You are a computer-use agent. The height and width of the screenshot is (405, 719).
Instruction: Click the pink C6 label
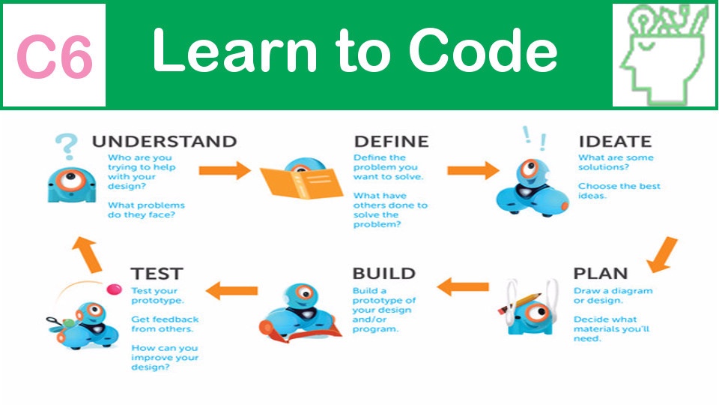pyautogui.click(x=55, y=56)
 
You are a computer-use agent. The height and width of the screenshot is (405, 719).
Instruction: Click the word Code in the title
pyautogui.click(x=483, y=49)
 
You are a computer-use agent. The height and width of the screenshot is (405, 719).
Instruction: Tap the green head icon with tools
pyautogui.click(x=664, y=55)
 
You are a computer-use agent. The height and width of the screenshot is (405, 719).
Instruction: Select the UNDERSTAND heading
pyautogui.click(x=164, y=142)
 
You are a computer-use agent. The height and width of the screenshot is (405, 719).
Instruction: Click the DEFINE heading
pyautogui.click(x=392, y=142)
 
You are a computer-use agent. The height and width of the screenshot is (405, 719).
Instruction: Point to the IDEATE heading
pyautogui.click(x=615, y=142)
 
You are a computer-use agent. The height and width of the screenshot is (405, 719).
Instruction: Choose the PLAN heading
pyautogui.click(x=601, y=274)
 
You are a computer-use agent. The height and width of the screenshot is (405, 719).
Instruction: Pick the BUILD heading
pyautogui.click(x=383, y=274)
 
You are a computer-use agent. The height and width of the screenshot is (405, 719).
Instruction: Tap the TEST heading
pyautogui.click(x=157, y=274)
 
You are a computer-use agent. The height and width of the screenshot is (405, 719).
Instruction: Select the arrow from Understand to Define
pyautogui.click(x=225, y=170)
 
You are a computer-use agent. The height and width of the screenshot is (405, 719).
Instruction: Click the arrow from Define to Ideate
pyautogui.click(x=473, y=170)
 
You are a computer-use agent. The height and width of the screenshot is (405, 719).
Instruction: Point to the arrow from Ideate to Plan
pyautogui.click(x=663, y=255)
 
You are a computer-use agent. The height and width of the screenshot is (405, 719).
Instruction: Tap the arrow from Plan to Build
pyautogui.click(x=463, y=287)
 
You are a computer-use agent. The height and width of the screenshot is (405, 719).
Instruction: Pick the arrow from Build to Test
pyautogui.click(x=231, y=290)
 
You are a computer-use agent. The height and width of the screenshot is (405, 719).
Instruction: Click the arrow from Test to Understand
pyautogui.click(x=87, y=255)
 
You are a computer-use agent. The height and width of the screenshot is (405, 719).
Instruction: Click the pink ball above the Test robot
pyautogui.click(x=114, y=289)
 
